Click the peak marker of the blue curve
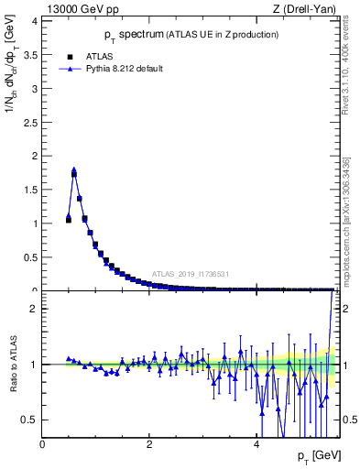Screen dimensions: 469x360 coord(74,169)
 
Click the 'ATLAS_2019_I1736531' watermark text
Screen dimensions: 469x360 coord(190,274)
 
